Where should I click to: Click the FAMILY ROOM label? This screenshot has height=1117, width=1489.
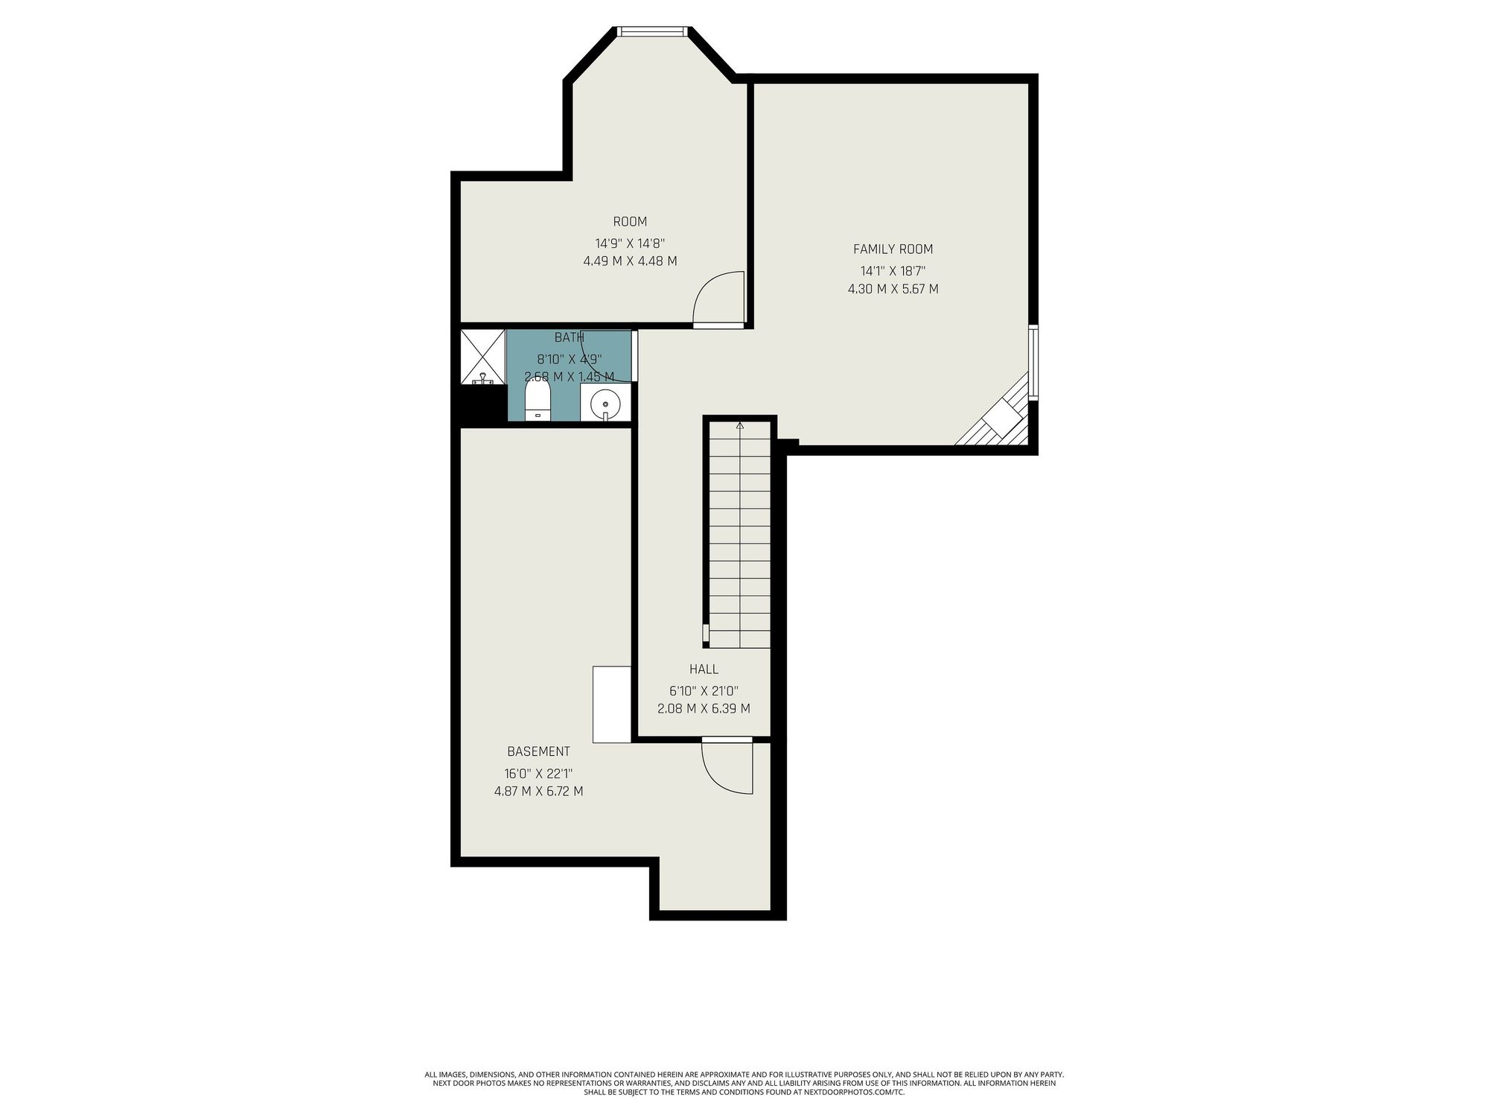tap(893, 249)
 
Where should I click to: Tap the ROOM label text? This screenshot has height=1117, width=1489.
tap(630, 221)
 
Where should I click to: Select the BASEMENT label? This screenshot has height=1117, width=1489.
tap(538, 751)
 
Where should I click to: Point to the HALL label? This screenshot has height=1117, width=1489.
tap(704, 669)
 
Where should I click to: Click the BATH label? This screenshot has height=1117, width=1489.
tap(569, 337)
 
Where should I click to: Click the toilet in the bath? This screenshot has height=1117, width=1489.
tap(537, 402)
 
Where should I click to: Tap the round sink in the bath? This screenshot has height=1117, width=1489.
tap(605, 405)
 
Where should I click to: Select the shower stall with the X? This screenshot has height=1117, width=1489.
tap(483, 357)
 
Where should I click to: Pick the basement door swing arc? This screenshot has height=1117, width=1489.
tap(715, 778)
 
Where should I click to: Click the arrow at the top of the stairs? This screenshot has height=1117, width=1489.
tap(739, 426)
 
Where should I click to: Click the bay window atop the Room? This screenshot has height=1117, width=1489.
tap(651, 31)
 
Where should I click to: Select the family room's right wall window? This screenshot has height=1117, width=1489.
tap(1033, 363)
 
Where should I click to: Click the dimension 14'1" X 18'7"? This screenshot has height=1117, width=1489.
tap(893, 271)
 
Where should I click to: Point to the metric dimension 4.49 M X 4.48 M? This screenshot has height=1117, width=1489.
tap(630, 261)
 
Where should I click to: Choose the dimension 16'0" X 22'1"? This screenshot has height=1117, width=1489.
tap(538, 774)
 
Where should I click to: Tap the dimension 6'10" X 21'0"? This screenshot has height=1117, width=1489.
tap(704, 691)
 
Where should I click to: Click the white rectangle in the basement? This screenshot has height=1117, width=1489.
tap(612, 704)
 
